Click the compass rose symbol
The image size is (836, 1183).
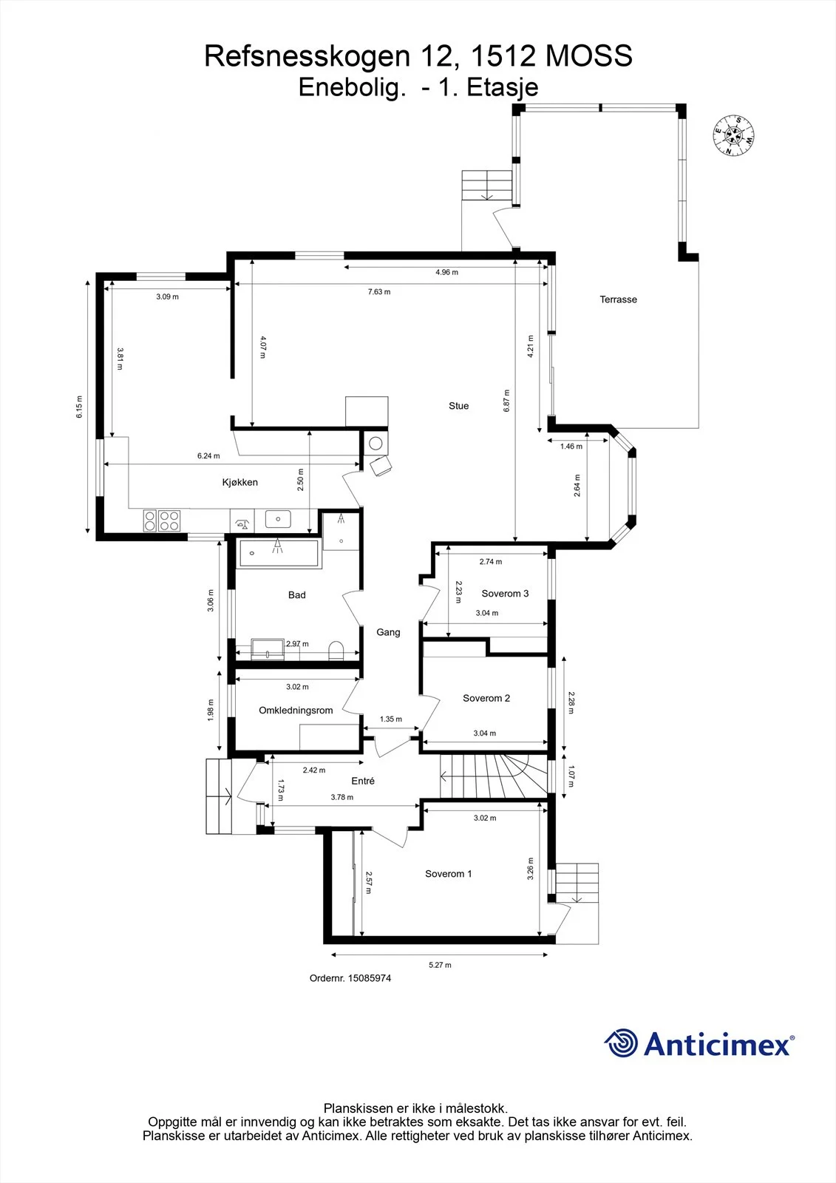733,136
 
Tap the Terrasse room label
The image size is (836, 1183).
618,299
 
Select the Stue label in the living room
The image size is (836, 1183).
458,406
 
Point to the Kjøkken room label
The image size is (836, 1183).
239,482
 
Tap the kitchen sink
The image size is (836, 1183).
278,519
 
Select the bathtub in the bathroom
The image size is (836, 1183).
279,553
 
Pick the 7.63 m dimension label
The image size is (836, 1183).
379,291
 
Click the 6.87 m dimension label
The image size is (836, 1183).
506,401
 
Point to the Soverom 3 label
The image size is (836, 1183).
505,594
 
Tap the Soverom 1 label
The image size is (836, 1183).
449,874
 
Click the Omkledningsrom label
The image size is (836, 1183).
296,711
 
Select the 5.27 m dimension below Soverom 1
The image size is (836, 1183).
440,965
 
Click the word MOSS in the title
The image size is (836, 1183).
588,56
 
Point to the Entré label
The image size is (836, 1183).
363,781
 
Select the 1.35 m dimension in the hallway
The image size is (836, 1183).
391,719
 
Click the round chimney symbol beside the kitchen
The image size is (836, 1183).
375,444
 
